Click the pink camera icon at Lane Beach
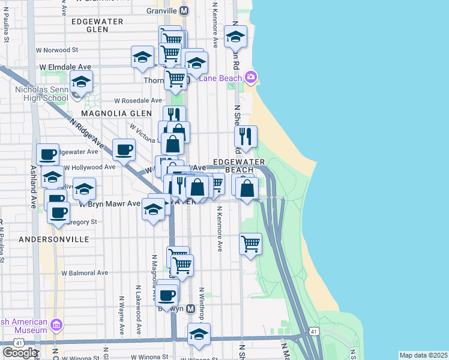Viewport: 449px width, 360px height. (x=251, y=77)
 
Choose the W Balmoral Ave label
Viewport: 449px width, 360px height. (x=84, y=272)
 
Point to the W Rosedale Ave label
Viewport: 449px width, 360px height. (x=138, y=100)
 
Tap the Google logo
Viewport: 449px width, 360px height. (x=20, y=353)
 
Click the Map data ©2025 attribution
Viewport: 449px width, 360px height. (x=424, y=355)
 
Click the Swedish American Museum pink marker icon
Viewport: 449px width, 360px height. (x=56, y=325)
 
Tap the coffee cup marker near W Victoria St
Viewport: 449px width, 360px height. (x=124, y=149)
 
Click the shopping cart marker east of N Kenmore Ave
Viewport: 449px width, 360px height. (x=250, y=244)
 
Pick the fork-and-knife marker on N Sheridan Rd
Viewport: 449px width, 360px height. (x=246, y=136)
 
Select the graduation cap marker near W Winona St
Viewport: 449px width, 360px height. (x=199, y=335)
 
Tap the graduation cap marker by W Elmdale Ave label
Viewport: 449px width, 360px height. (x=142, y=57)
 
